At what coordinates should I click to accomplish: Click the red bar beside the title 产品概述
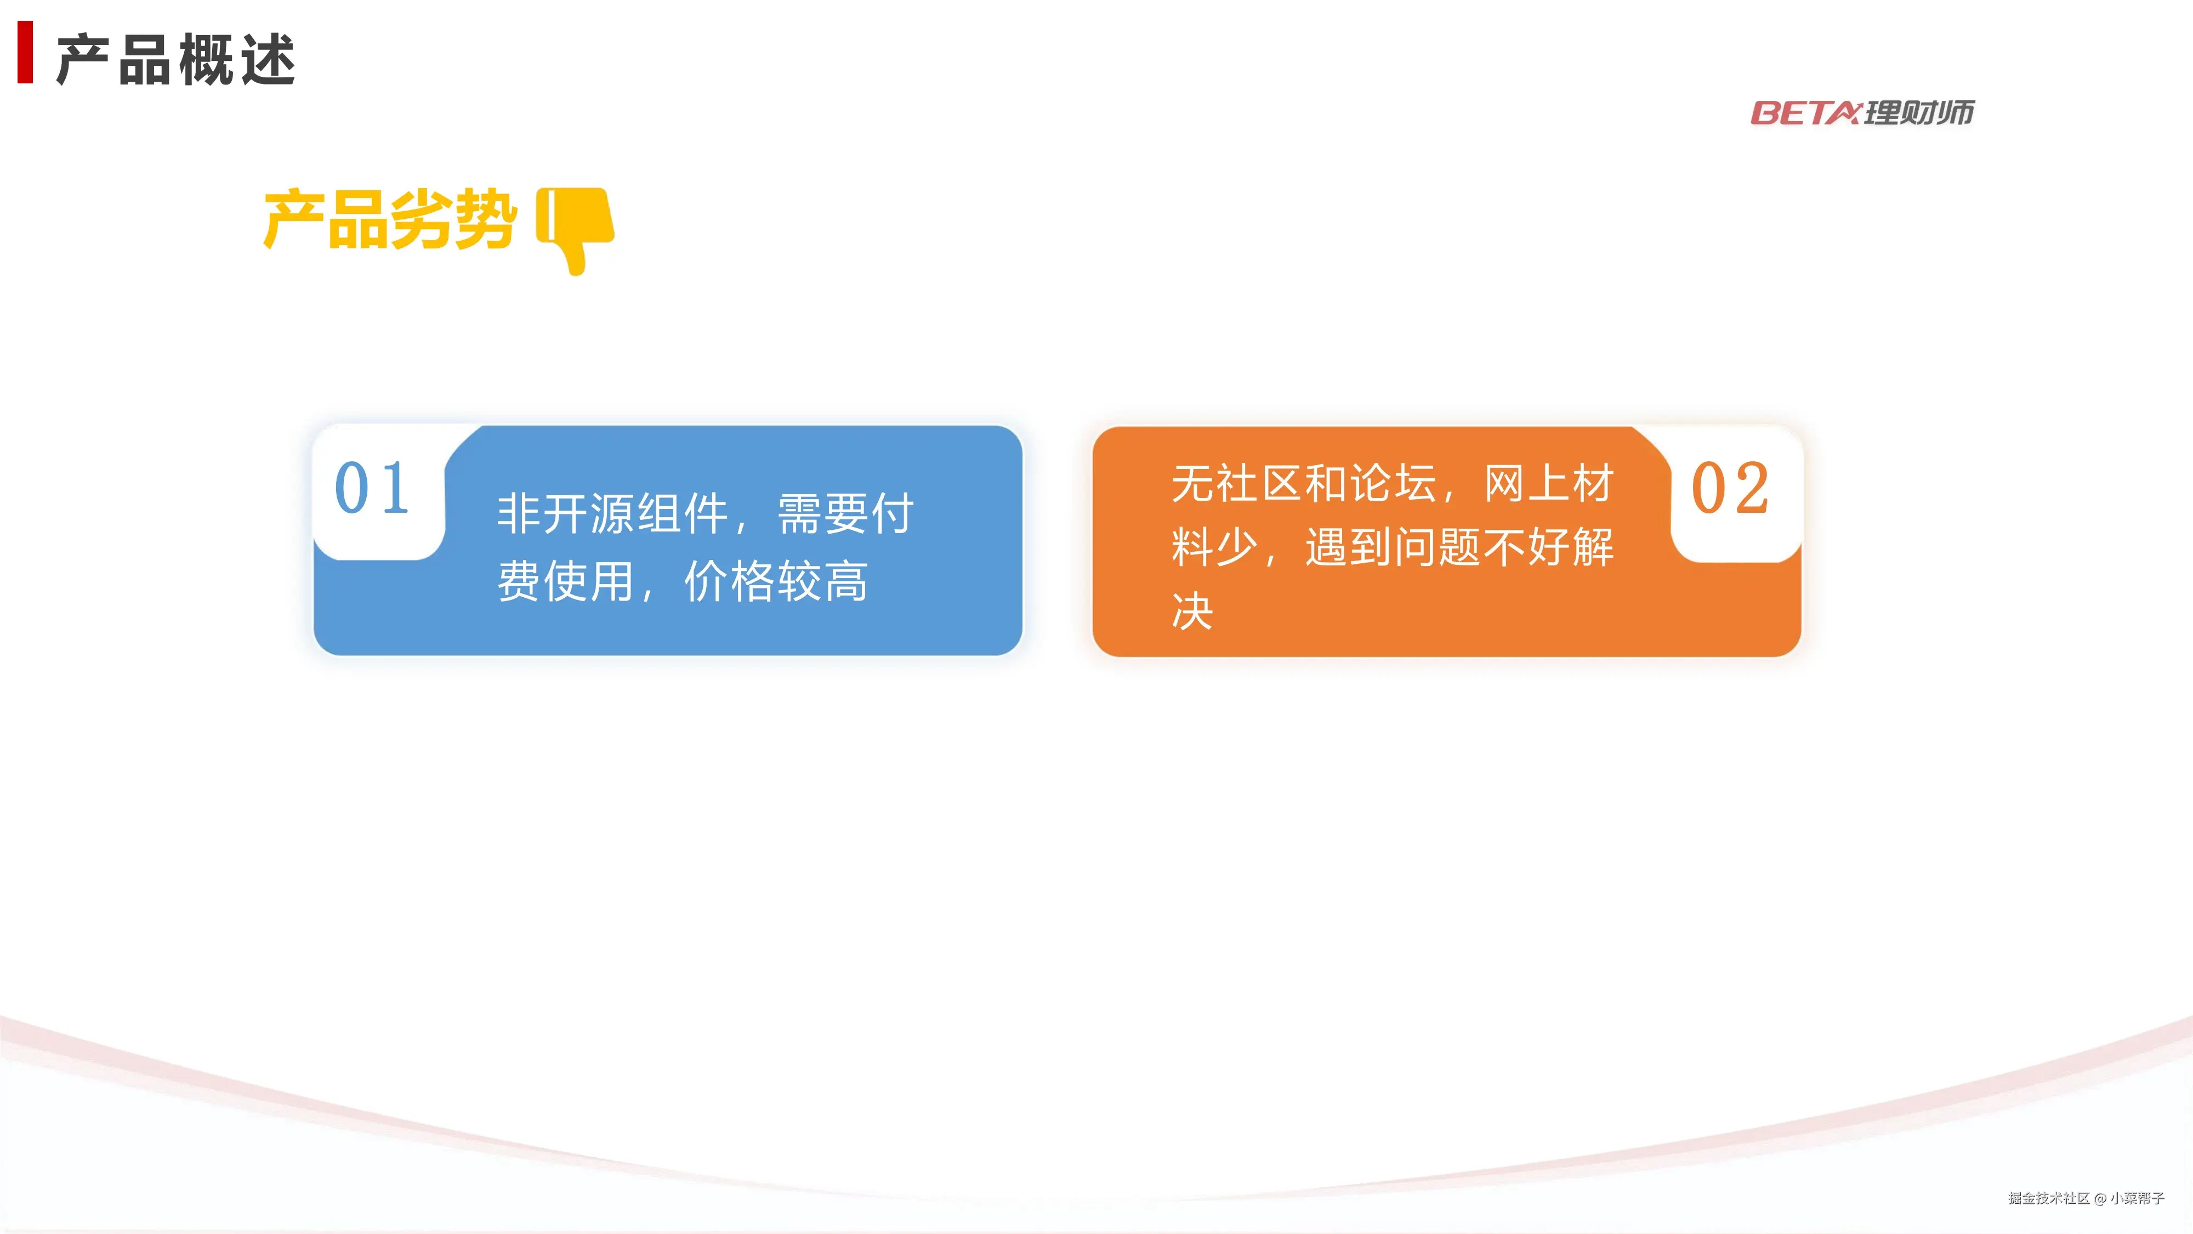pos(26,52)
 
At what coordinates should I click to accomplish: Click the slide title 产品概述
pos(176,60)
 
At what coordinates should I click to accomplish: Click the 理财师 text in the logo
pos(1919,112)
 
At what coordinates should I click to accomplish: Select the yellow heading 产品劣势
pos(390,220)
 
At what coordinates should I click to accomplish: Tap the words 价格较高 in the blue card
pos(776,582)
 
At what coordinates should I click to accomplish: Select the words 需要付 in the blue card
pos(845,513)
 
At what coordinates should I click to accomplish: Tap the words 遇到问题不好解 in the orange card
pos(1459,547)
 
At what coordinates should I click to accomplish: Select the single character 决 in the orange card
pos(1192,610)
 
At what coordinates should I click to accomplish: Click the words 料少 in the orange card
pos(1215,547)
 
